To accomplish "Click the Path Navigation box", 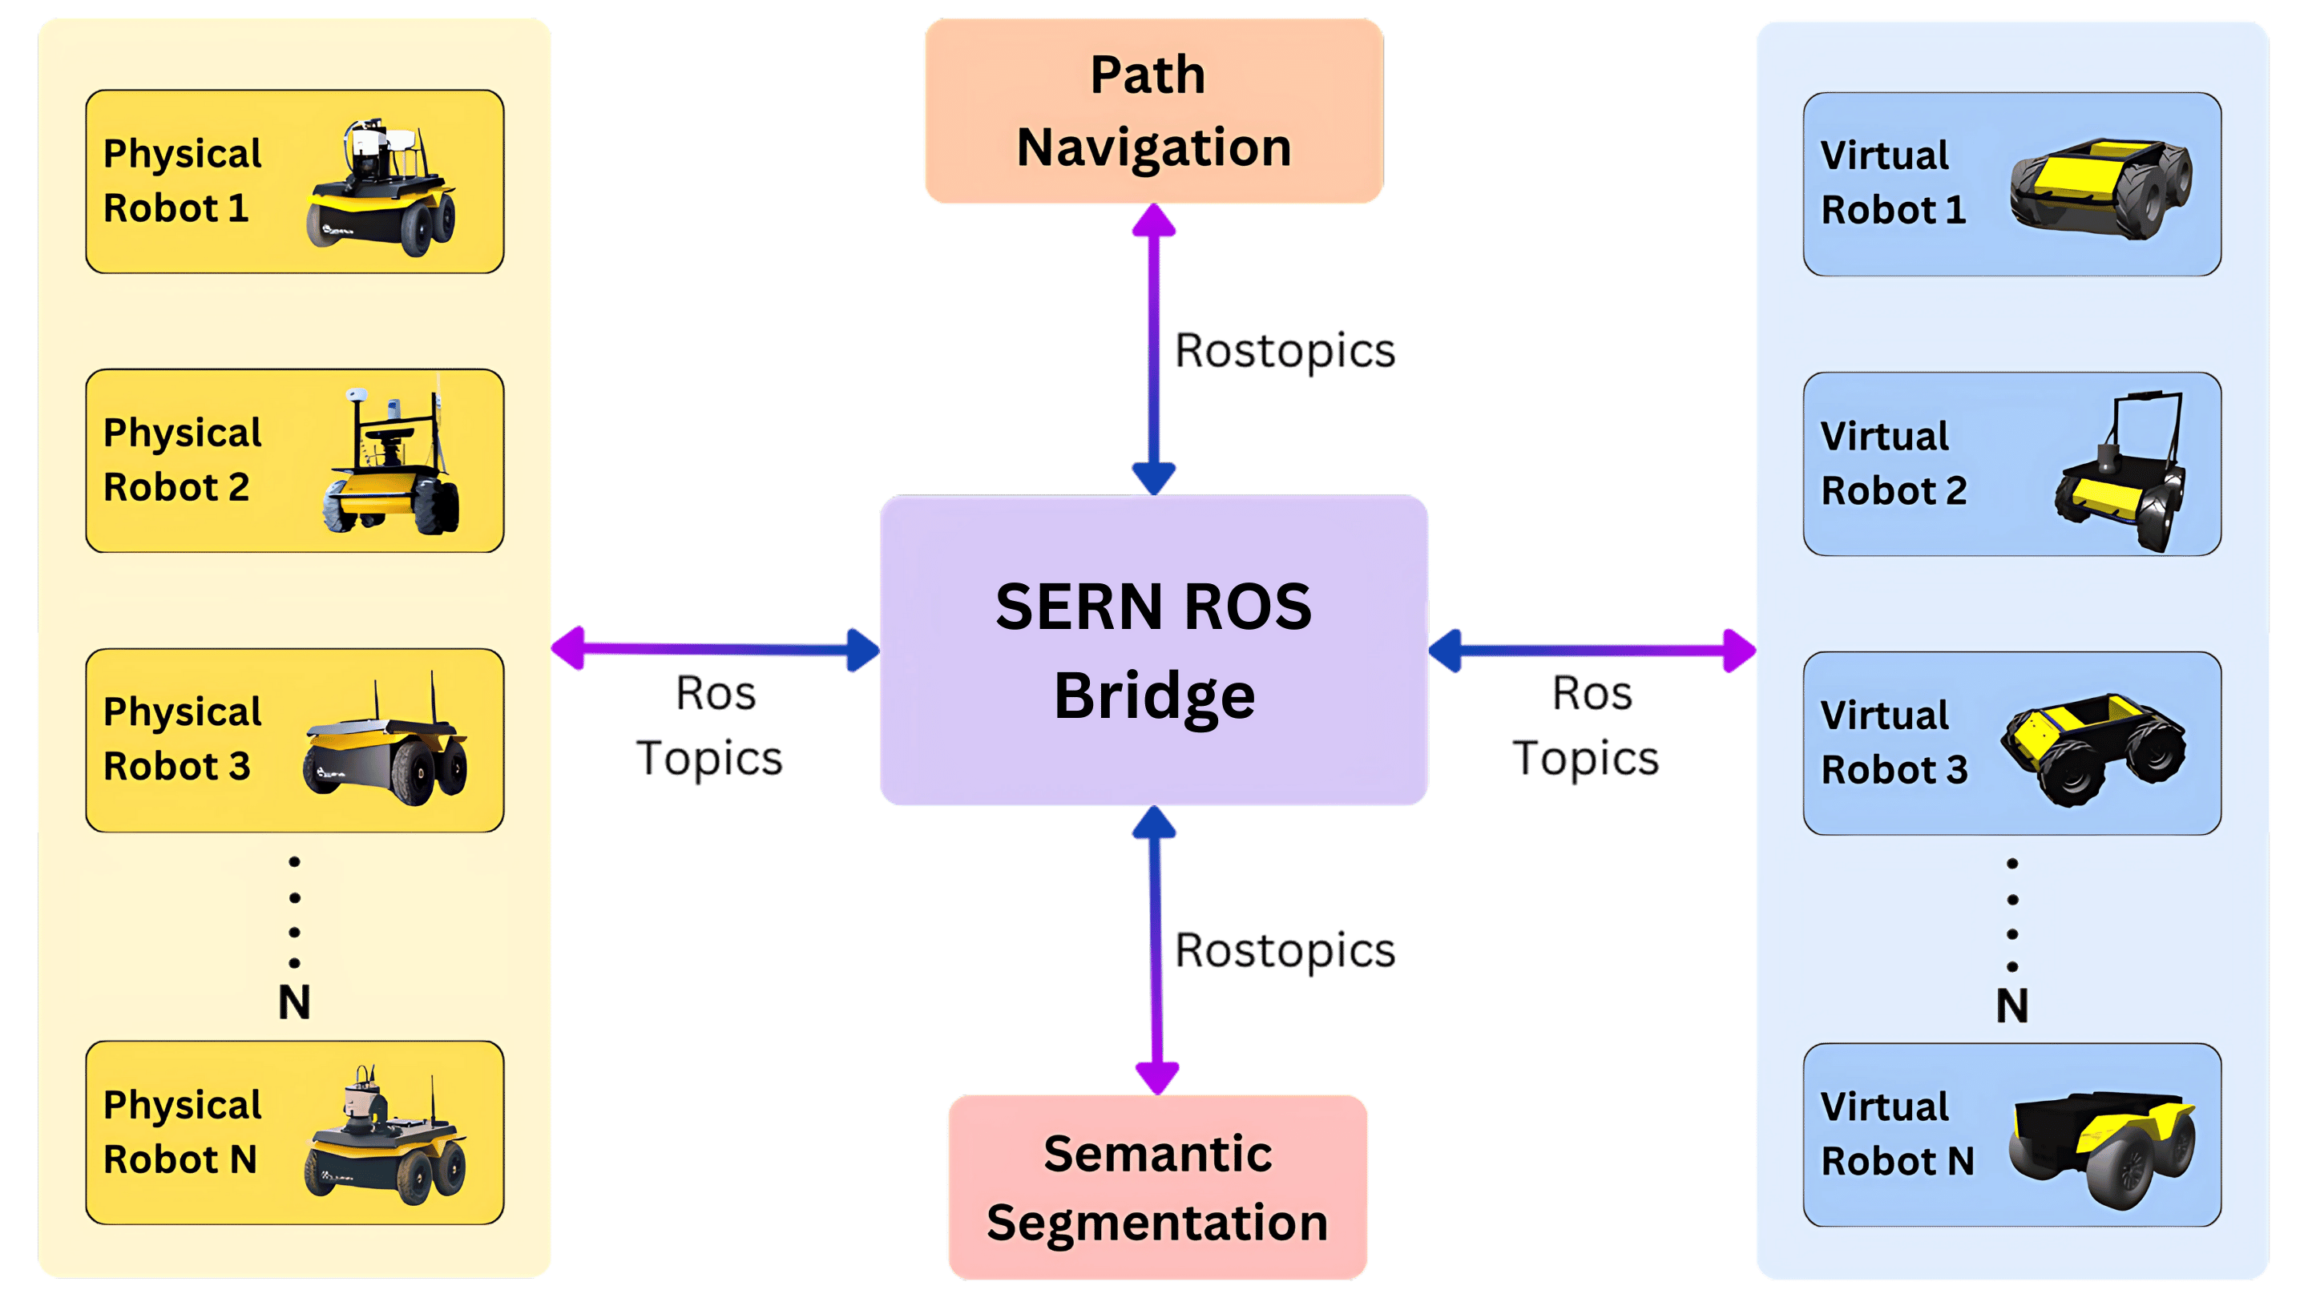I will point(1153,111).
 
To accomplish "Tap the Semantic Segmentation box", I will point(1156,1186).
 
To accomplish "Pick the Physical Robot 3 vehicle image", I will point(385,744).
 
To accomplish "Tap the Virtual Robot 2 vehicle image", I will point(2120,470).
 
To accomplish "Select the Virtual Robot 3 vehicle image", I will point(2093,748).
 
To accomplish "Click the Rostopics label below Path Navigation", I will point(1284,350).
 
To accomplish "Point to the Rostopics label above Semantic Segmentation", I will point(1284,949).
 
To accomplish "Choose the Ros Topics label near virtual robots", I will point(1586,726).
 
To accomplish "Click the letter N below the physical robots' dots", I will point(294,1002).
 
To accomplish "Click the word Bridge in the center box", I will point(1154,697).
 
